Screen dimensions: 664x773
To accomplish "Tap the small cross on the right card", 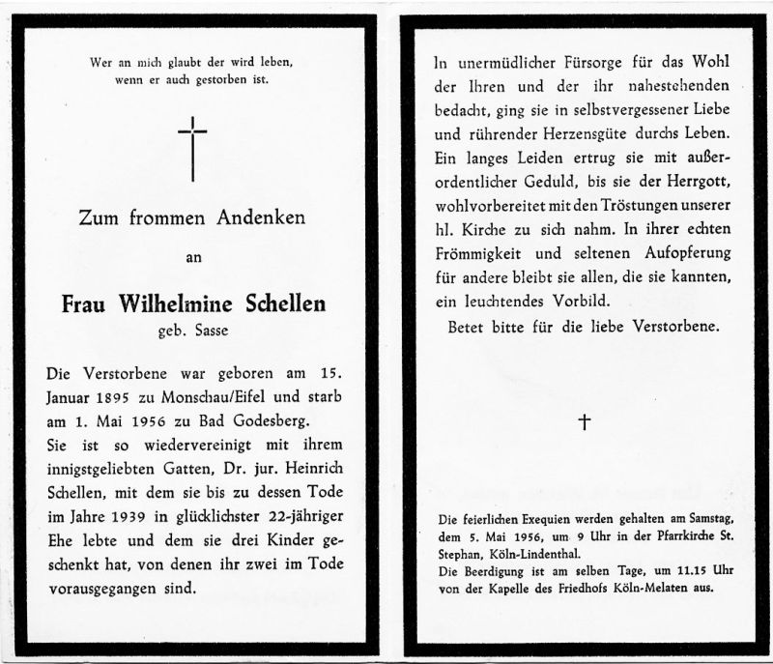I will (584, 421).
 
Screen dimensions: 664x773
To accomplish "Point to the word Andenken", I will (259, 218).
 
